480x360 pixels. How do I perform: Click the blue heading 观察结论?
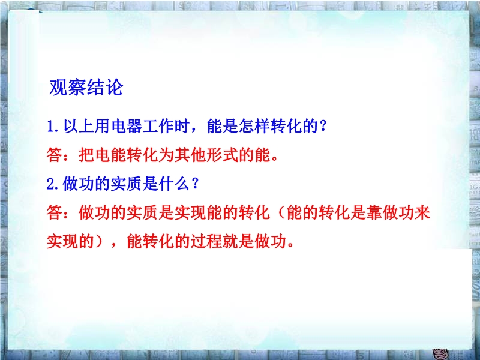point(86,87)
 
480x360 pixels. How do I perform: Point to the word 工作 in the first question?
point(158,126)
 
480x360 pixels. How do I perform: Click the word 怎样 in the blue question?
point(254,126)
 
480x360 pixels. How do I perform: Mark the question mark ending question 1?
point(323,126)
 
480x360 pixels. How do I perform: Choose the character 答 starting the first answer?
point(55,155)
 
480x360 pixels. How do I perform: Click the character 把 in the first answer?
point(86,155)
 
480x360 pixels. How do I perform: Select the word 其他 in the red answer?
point(190,155)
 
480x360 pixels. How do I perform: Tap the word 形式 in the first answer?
point(222,155)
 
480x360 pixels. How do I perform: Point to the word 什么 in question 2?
point(174,184)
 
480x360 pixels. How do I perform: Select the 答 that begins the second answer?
point(55,213)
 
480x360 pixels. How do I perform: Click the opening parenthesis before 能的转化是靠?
point(280,213)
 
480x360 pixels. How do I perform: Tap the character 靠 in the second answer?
point(374,213)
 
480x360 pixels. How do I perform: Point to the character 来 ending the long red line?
point(422,213)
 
